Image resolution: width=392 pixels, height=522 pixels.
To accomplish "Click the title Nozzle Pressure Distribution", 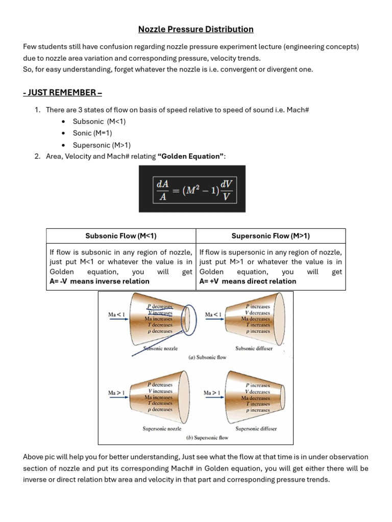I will click(195, 29).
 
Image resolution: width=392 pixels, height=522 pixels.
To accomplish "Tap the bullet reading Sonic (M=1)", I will click(92, 133).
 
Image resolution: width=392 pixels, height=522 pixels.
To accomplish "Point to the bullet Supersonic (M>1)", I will click(102, 145).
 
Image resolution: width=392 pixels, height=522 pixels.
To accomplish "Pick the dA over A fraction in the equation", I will click(163, 189).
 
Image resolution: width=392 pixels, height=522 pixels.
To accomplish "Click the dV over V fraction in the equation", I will click(226, 189).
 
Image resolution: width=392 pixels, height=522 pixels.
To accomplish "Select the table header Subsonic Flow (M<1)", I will click(121, 236).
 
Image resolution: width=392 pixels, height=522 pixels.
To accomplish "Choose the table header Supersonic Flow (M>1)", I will click(271, 236).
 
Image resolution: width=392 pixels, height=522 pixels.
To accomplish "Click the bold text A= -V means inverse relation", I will click(100, 281).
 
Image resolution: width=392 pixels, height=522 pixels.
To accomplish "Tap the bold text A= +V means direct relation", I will click(248, 281).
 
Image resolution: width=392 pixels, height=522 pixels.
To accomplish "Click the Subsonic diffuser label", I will click(254, 349).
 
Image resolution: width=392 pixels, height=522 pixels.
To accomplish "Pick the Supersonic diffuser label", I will click(256, 429).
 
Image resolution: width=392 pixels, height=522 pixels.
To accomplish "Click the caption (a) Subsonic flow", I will click(207, 357).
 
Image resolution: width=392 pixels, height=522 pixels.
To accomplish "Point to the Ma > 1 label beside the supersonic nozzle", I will click(116, 393).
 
